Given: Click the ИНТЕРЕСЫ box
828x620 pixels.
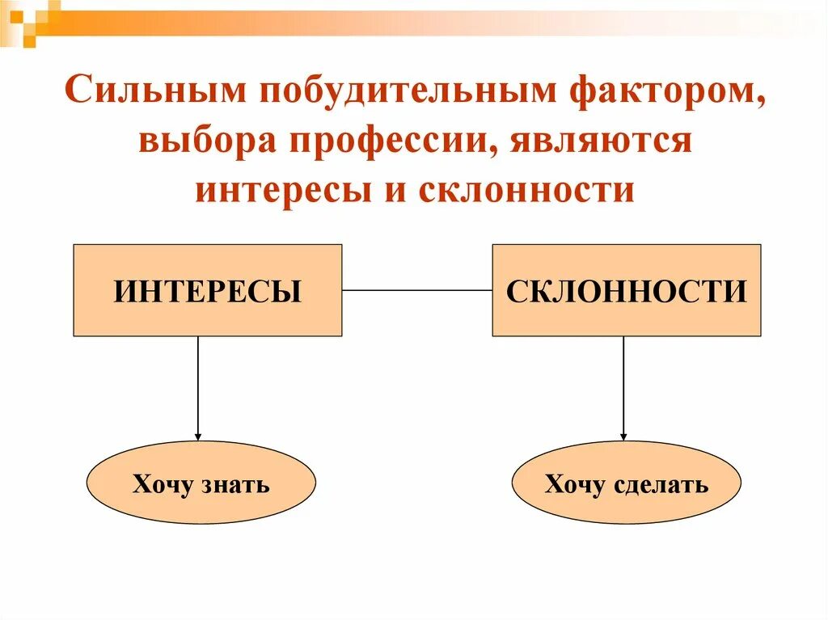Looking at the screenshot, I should [x=207, y=290].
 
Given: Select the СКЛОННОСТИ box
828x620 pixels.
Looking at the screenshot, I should [x=626, y=290].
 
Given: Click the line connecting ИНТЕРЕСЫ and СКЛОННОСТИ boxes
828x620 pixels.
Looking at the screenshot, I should [x=416, y=289].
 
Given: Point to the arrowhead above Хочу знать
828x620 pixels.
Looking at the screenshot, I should [x=197, y=436].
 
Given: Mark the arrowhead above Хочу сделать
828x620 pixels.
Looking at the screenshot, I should [x=623, y=436].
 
